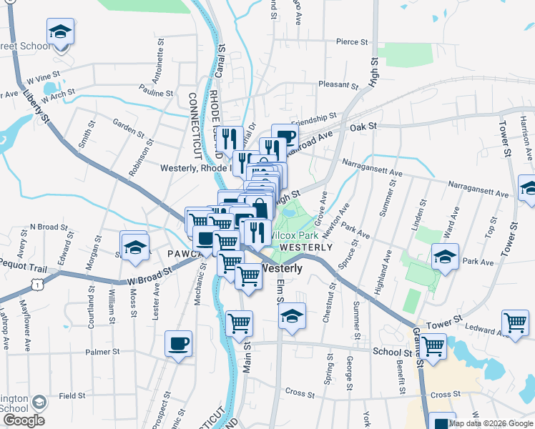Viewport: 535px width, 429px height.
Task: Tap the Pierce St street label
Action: coord(351,42)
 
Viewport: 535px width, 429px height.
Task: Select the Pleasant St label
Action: coord(339,84)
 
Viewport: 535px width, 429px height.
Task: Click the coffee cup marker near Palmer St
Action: coord(178,343)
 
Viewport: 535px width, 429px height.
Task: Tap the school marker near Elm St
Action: coord(292,316)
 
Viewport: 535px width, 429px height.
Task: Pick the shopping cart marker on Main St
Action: coord(239,322)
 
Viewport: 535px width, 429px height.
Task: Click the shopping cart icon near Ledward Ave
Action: coord(515,322)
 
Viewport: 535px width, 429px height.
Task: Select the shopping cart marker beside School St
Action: coord(433,346)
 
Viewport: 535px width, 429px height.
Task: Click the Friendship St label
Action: coord(313,117)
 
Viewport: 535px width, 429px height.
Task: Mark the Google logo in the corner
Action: coord(23,420)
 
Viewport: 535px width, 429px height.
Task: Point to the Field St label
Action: coord(72,395)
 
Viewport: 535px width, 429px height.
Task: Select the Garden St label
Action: coord(129,125)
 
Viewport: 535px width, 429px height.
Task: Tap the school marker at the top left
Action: coord(61,31)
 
